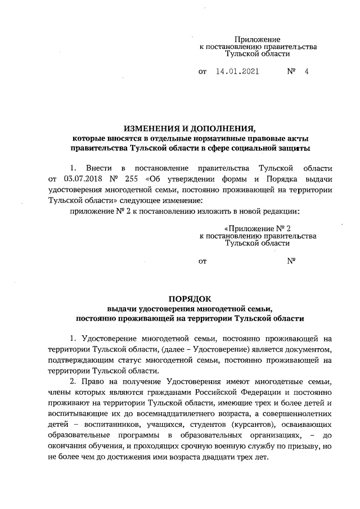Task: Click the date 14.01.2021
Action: point(237,72)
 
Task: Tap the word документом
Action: point(307,349)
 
